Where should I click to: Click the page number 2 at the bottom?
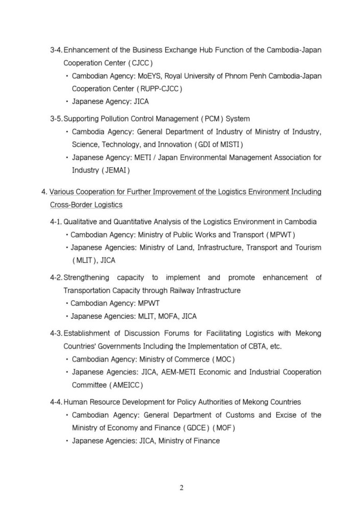click(181, 487)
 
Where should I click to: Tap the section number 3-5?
click(56, 119)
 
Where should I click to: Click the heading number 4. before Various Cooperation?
click(44, 192)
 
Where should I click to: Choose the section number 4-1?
click(56, 222)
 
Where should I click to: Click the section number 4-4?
click(56, 402)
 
